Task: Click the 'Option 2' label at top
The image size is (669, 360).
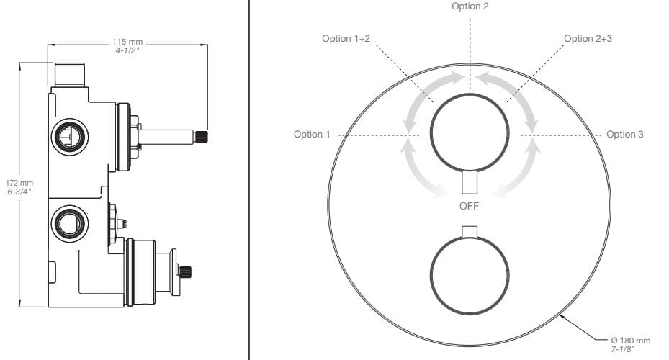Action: pos(470,6)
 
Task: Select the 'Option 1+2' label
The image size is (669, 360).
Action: pos(346,39)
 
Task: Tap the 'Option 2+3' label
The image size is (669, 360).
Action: pos(588,39)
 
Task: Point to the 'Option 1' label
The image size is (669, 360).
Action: pos(312,135)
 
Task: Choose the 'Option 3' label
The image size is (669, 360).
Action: pos(624,135)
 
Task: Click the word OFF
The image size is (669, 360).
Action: pos(469,206)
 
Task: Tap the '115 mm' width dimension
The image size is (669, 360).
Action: pos(127,42)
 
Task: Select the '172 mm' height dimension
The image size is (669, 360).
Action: pos(19,183)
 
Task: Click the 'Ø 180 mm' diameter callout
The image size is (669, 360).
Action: pos(631,341)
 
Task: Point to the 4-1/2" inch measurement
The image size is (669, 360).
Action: pos(127,50)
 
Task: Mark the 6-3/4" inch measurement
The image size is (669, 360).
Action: pos(19,192)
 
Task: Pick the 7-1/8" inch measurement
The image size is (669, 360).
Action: pos(623,349)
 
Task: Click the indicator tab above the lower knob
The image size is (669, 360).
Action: pos(470,232)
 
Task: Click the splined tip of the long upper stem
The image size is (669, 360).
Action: pos(200,137)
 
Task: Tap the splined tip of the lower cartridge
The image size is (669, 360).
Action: pos(185,271)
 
